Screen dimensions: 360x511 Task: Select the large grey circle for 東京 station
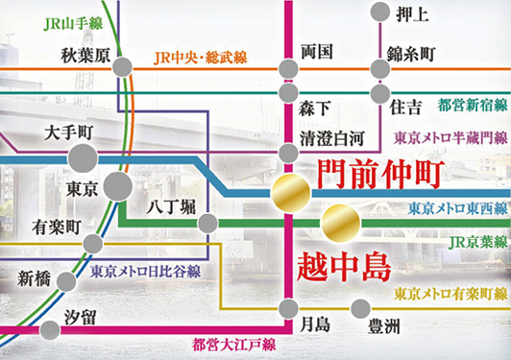point(119,186)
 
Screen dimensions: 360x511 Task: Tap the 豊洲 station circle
point(360,308)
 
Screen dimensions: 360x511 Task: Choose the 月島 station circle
point(288,308)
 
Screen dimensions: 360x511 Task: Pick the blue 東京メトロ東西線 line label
point(457,180)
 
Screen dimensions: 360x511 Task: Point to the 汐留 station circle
point(50,332)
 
